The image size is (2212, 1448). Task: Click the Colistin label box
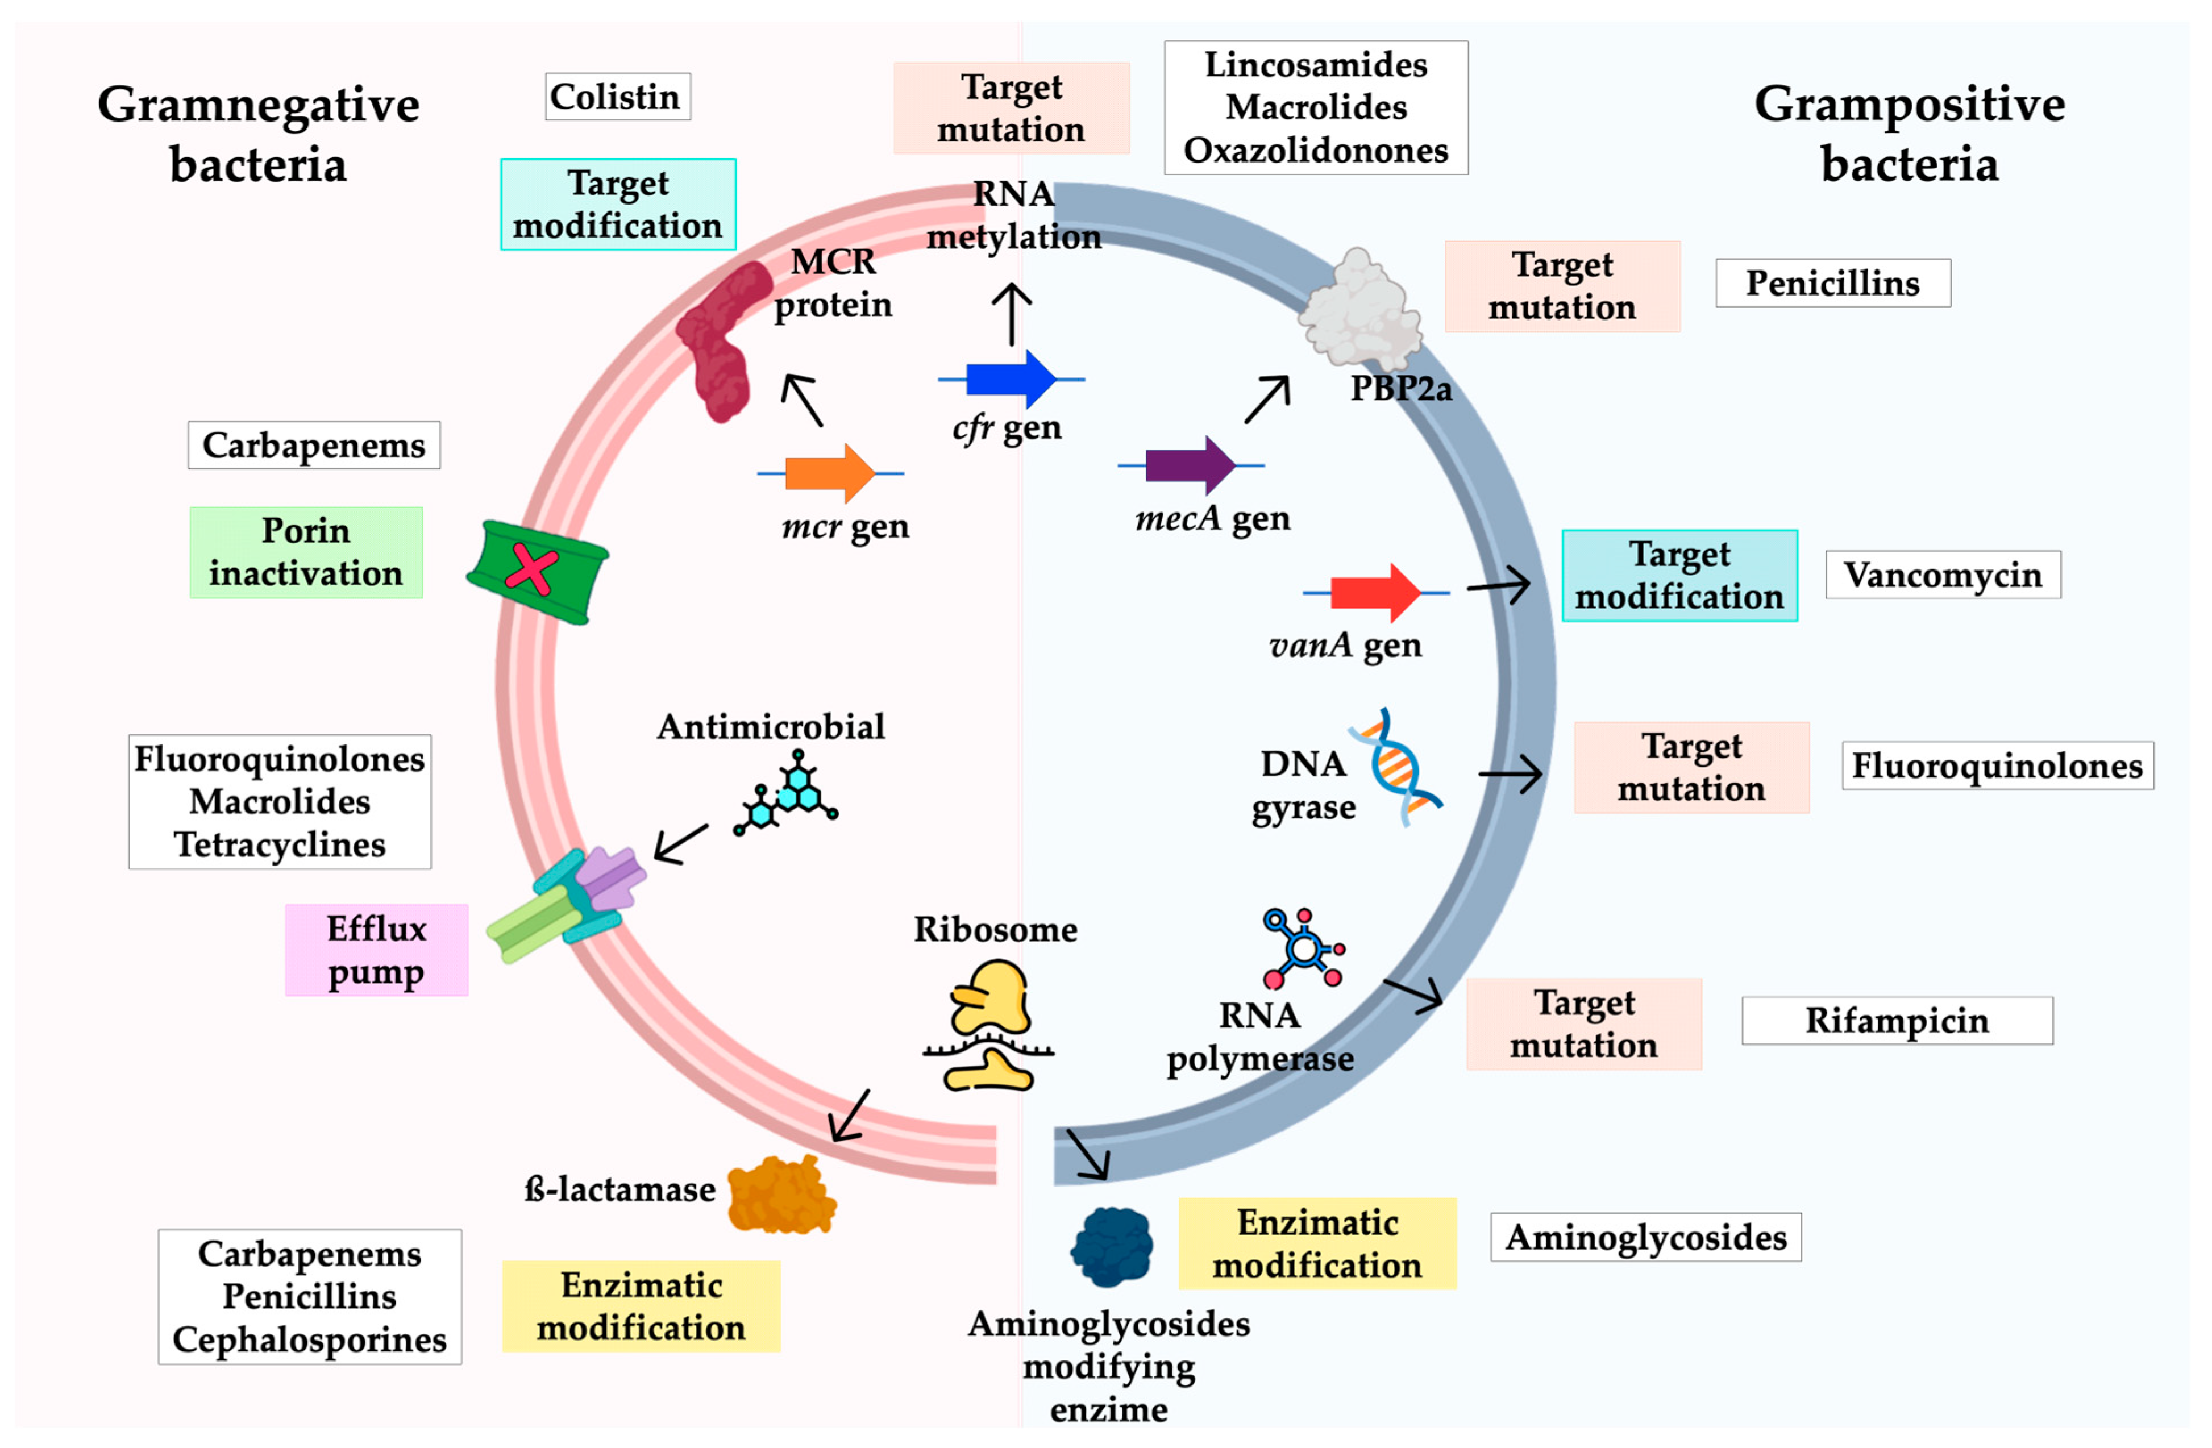617,97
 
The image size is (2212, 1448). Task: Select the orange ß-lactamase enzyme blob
781,1195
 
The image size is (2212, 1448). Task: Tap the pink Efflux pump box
376,950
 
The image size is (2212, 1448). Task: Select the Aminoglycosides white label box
1644,1237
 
